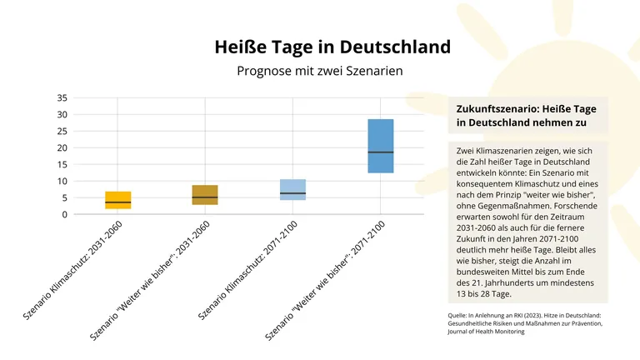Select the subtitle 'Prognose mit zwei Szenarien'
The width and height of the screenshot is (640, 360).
[320, 71]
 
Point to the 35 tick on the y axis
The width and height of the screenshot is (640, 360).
[62, 97]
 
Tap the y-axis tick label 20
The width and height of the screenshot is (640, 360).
[62, 147]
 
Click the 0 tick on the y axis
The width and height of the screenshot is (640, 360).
[64, 214]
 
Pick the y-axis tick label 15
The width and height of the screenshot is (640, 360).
[62, 164]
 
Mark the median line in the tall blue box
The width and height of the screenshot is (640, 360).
[380, 152]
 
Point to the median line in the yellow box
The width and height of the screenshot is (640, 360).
[117, 202]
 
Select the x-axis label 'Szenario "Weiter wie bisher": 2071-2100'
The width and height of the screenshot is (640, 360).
[326, 280]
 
